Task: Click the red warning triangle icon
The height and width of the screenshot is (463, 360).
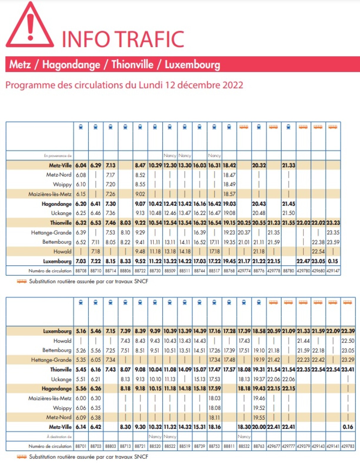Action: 29,26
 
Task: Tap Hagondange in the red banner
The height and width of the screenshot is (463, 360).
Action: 71,64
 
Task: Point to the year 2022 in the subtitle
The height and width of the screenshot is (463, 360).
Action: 233,85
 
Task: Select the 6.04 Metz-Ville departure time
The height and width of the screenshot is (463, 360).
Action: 81,165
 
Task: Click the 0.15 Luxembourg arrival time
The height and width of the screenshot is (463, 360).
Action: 333,261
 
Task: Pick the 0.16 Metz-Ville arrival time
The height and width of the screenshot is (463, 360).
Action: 348,427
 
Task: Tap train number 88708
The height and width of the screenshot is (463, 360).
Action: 81,271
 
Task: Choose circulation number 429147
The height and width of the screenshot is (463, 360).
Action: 333,271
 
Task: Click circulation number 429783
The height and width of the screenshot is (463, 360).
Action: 348,446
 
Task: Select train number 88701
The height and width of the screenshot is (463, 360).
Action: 81,446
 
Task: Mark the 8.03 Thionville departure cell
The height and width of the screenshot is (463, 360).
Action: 125,223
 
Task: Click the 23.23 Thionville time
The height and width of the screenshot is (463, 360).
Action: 333,223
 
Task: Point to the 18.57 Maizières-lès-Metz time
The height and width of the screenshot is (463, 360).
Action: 229,194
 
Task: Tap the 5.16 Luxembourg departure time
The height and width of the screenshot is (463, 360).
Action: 81,331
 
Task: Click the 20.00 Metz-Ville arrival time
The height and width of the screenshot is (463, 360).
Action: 259,427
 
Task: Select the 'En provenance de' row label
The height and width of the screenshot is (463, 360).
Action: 58,156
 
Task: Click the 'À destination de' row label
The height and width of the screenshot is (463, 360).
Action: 59,437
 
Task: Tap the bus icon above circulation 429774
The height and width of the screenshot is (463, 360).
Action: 244,127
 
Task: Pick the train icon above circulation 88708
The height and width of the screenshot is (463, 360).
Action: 81,127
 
